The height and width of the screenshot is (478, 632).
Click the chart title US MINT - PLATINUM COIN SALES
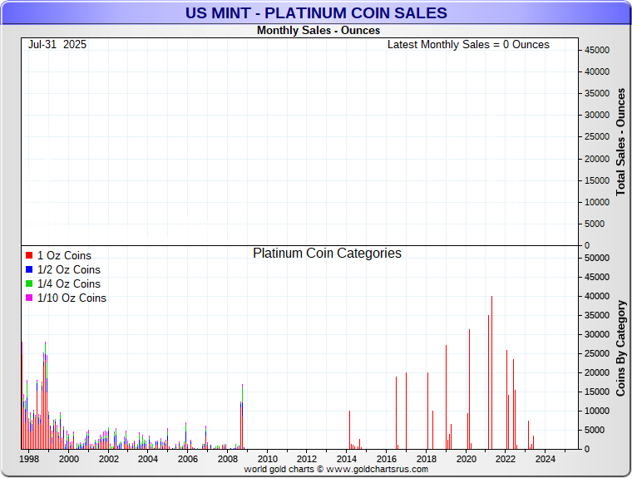pos(316,13)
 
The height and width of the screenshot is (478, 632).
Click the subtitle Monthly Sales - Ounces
pos(318,31)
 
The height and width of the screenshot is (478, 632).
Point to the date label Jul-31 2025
pos(57,44)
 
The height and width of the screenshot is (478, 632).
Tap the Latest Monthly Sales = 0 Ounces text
pos(468,44)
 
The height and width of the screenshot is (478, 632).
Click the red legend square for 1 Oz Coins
pos(29,255)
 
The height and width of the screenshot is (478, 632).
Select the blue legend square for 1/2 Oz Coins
pos(29,269)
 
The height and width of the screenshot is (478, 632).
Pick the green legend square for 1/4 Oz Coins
pos(29,283)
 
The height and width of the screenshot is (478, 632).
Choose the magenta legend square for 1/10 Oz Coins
pos(29,298)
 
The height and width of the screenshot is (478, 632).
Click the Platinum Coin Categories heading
pos(327,254)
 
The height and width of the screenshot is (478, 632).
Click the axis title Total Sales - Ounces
pos(620,141)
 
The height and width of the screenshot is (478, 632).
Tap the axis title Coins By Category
pos(620,347)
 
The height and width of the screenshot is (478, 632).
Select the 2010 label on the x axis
pos(267,459)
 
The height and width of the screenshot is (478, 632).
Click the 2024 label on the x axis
pos(545,459)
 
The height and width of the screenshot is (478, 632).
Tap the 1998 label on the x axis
pos(29,459)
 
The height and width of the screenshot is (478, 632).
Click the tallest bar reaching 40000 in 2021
pos(492,374)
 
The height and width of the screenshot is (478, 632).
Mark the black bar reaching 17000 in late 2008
pos(242,416)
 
